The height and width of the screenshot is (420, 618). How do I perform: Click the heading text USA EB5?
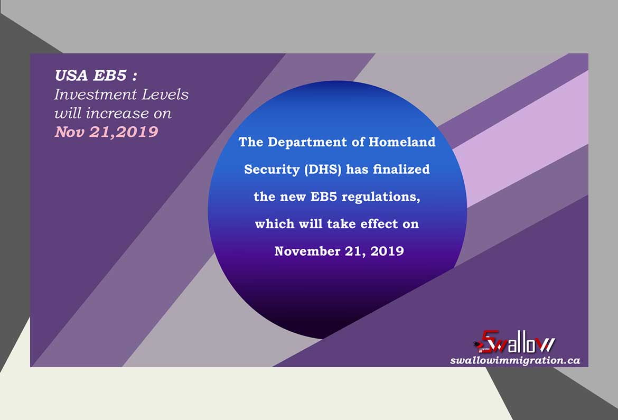point(91,76)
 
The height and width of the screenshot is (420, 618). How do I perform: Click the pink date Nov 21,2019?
point(106,132)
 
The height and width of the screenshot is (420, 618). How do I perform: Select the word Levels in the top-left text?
point(165,94)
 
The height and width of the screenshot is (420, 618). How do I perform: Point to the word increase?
point(117,113)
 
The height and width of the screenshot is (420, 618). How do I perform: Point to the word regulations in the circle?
point(381,197)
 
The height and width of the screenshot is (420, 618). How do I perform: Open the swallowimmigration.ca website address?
point(515,360)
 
